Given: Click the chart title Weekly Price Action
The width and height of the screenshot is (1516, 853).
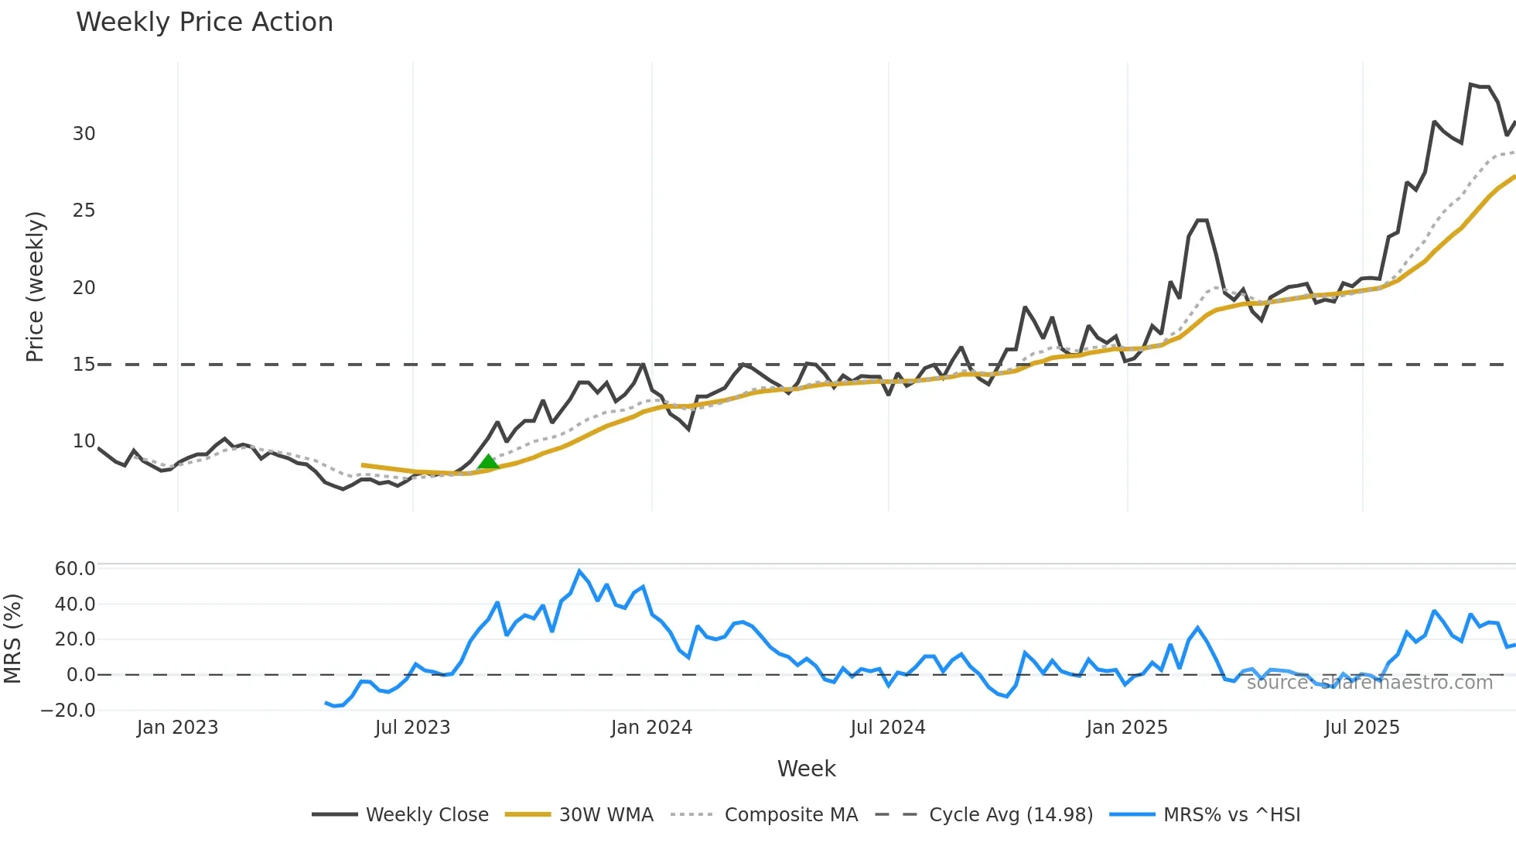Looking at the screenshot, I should click(x=204, y=22).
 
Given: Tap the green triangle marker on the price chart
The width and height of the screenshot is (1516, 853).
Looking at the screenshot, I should click(x=488, y=462).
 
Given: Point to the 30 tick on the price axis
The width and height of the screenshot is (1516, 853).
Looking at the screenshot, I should click(x=84, y=134).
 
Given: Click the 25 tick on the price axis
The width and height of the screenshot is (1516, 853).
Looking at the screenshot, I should click(x=84, y=211).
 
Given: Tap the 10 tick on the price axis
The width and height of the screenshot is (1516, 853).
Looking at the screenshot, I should click(x=84, y=441).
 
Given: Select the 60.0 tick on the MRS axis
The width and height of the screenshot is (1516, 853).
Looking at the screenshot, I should click(x=75, y=569).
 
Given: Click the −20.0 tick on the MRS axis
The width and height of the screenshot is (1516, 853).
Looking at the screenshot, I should click(x=69, y=711).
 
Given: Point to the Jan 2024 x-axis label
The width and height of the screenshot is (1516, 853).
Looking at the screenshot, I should click(x=651, y=728).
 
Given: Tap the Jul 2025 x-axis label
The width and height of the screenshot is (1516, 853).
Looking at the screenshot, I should click(x=1362, y=728).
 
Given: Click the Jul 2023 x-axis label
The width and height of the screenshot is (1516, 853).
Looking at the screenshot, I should click(x=412, y=728).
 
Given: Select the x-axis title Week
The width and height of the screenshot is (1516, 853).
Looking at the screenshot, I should click(x=806, y=769).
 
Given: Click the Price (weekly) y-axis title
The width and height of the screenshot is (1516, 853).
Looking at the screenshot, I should click(x=36, y=286).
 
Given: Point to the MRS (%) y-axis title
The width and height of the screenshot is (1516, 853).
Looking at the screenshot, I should click(x=13, y=639).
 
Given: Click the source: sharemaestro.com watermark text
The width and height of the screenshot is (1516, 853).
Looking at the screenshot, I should click(x=1369, y=683).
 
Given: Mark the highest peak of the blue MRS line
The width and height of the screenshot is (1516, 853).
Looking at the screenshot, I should click(x=579, y=571).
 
